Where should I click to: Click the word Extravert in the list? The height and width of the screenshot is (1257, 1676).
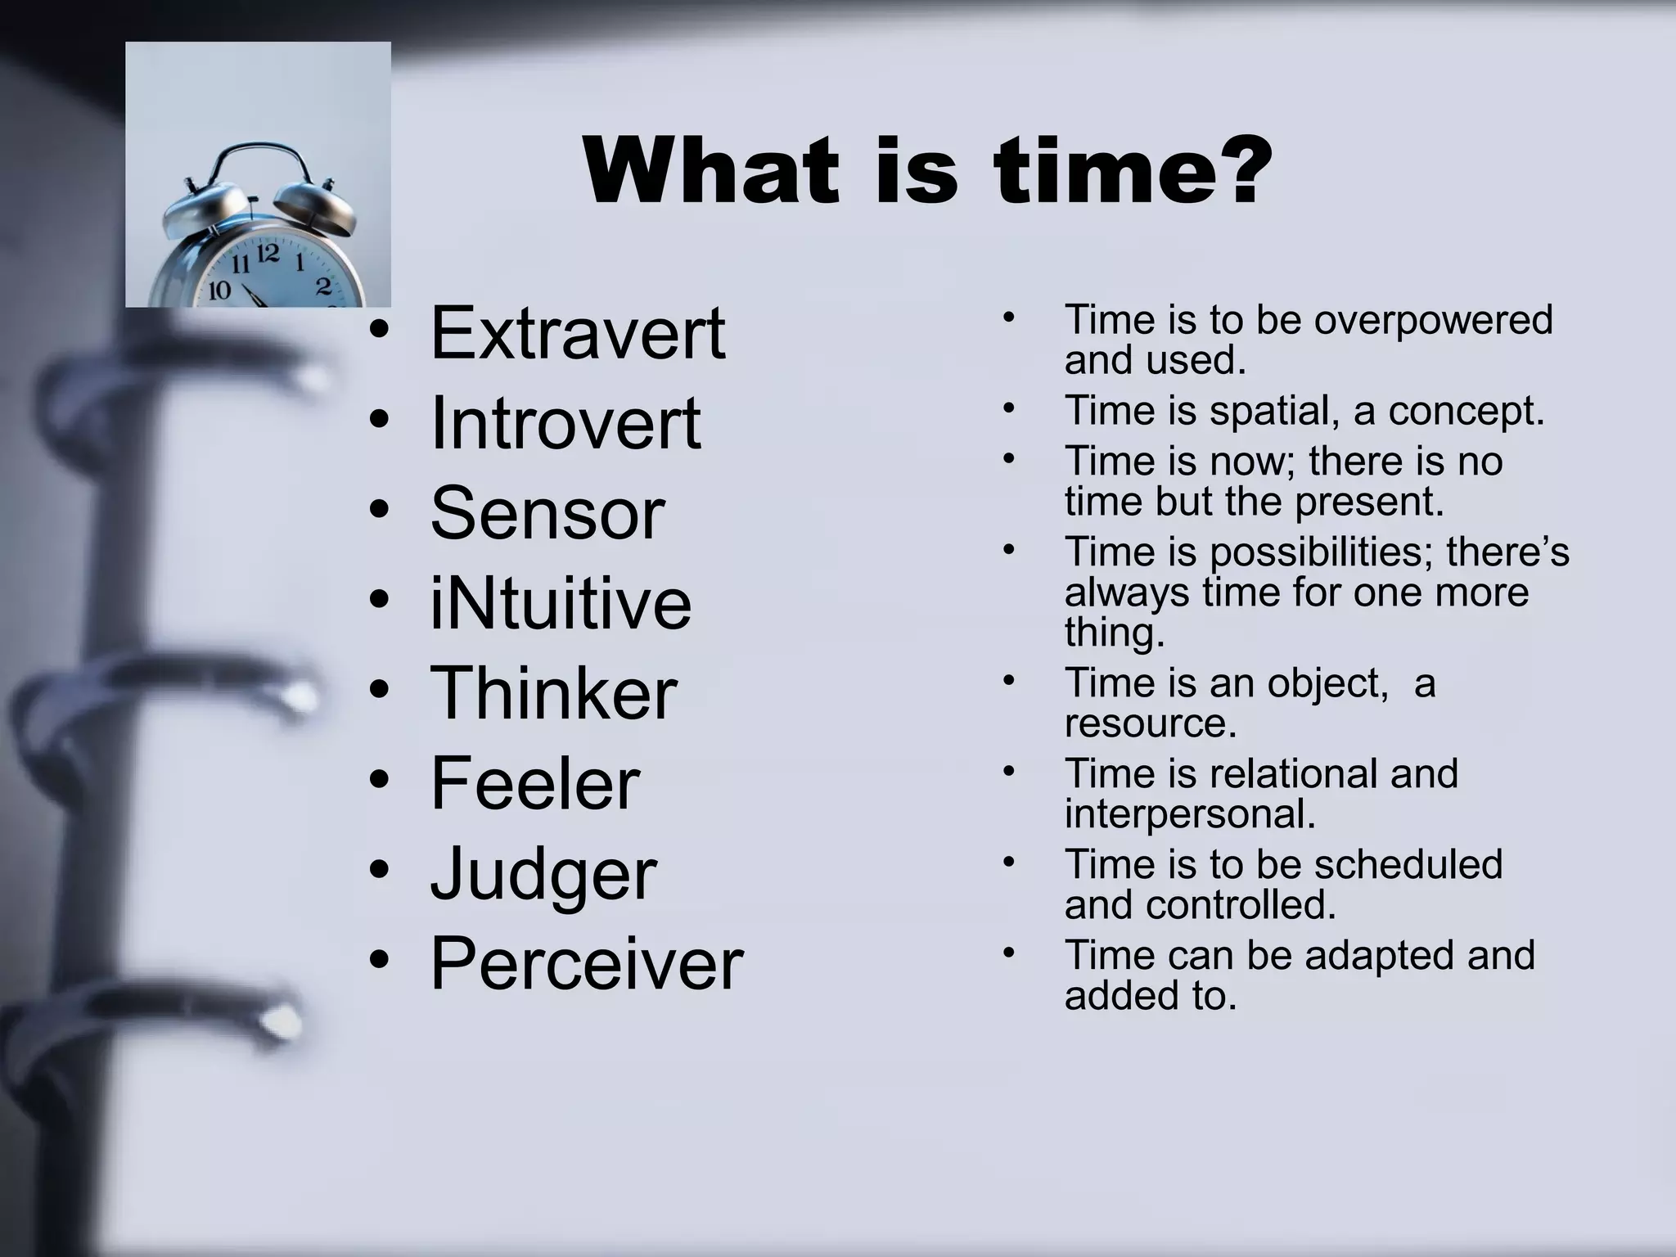[x=577, y=333]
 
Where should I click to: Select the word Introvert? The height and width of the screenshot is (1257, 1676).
[x=565, y=423]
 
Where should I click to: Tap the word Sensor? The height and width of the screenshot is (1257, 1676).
[x=547, y=513]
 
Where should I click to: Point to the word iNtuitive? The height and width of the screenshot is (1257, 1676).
[x=561, y=603]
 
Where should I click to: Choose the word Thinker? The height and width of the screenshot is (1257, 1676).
[x=553, y=693]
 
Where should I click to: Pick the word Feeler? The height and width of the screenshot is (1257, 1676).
[x=534, y=783]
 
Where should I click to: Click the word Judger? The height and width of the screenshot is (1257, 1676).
[x=543, y=875]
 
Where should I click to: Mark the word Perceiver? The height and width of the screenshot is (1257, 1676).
[x=586, y=963]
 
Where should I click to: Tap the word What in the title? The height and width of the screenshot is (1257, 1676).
[x=711, y=171]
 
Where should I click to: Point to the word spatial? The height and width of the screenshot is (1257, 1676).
[x=1274, y=410]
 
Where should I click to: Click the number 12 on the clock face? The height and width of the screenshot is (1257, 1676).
[x=268, y=254]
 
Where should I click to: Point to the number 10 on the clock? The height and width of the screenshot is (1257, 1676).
[x=219, y=290]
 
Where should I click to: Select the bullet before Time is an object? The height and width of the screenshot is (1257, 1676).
[x=1009, y=680]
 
